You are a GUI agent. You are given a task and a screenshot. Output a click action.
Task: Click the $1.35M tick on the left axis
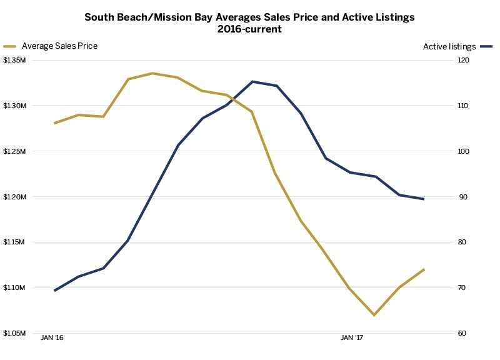click(14, 61)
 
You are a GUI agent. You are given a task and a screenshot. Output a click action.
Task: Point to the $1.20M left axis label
click(14, 197)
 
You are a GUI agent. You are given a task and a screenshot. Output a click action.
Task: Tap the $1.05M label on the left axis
click(14, 333)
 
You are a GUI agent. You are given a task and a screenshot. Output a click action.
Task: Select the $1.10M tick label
click(14, 288)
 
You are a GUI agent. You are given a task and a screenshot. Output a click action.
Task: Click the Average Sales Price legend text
click(59, 46)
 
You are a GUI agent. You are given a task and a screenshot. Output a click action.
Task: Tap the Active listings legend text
click(449, 46)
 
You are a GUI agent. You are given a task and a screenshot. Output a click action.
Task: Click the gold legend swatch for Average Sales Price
click(10, 46)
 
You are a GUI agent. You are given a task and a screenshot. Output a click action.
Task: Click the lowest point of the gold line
click(374, 315)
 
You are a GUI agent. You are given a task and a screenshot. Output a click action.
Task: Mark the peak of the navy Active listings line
click(252, 81)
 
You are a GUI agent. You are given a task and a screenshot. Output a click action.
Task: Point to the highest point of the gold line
click(152, 73)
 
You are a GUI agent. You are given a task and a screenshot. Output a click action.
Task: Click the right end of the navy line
click(424, 199)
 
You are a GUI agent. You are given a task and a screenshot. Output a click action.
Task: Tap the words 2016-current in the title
click(249, 29)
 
